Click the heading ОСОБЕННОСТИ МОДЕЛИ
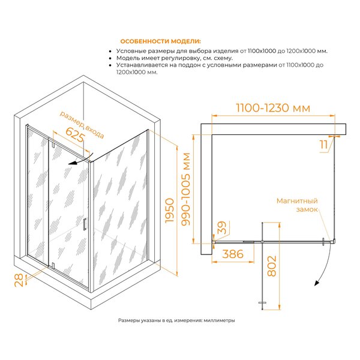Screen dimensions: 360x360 pos(160,41)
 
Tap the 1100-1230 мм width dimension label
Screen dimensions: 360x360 pos(273,108)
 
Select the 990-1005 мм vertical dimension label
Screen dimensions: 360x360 pos(186,189)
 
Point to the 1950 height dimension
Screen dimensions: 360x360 pos(170,211)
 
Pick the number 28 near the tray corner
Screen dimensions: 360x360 pos(19,280)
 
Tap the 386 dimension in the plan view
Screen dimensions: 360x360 pos(233,254)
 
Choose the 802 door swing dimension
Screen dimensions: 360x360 pos(272,266)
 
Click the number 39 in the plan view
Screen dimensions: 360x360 pos(222,227)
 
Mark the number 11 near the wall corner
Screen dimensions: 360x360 pos(324,145)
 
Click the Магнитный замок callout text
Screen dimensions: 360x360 pos(297,205)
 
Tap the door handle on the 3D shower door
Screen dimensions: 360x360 pos(85,224)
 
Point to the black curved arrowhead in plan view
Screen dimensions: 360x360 pos(317,283)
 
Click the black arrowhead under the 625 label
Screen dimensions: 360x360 pos(73,163)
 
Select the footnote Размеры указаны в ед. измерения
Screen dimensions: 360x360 pos(176,320)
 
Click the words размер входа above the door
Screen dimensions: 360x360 pos(82,125)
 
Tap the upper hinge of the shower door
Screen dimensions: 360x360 pos(53,145)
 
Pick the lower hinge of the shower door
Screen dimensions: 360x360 pos(53,265)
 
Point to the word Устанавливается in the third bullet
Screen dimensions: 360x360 pos(142,65)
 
